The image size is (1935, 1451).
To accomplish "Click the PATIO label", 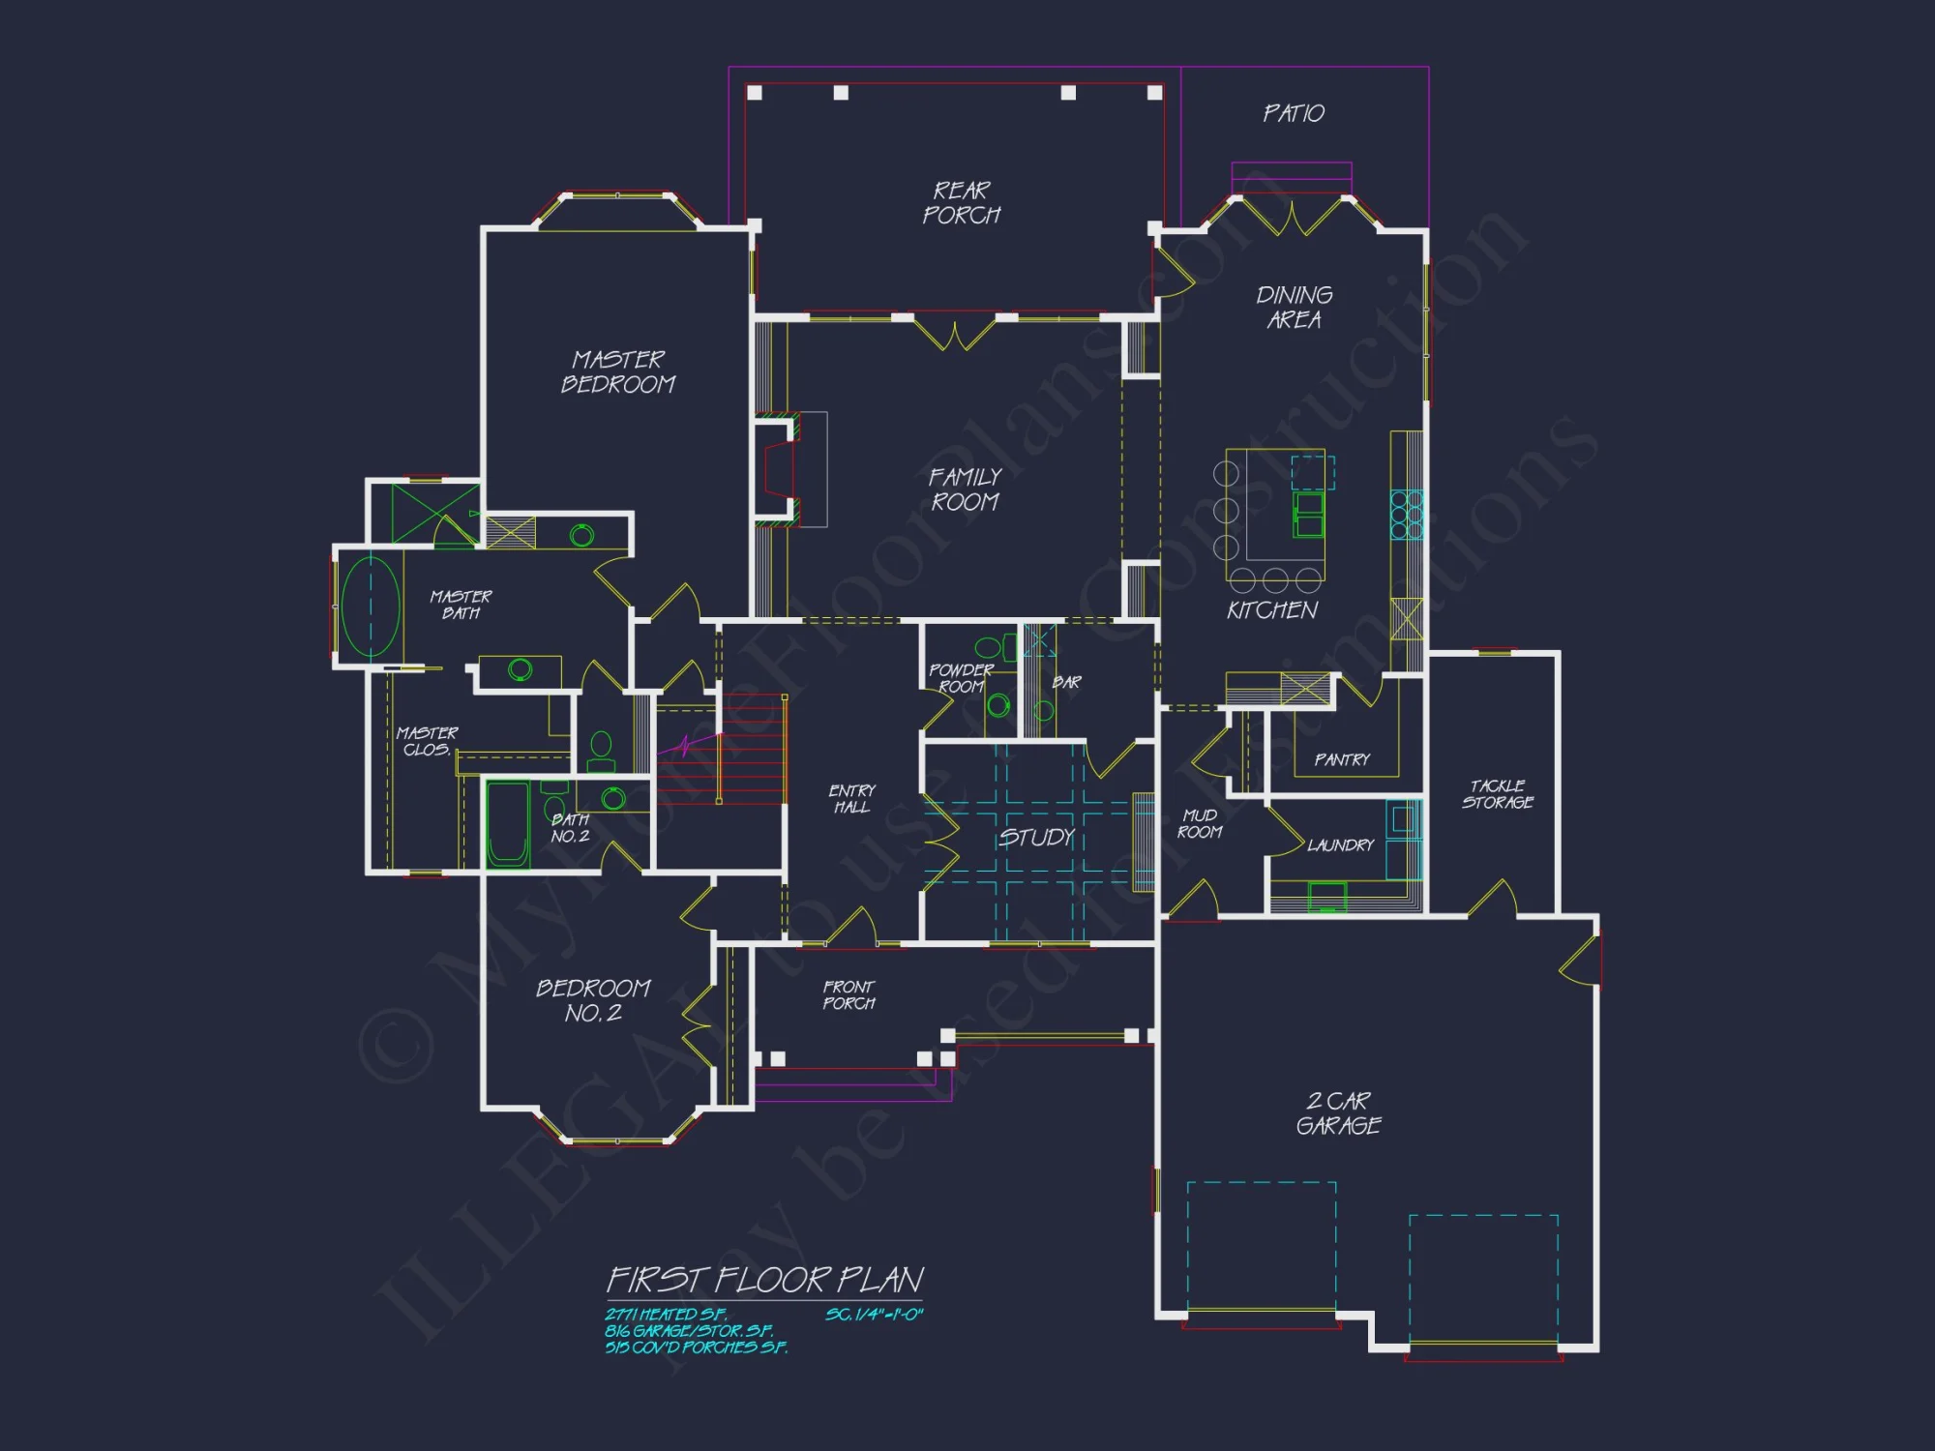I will coord(1294,113).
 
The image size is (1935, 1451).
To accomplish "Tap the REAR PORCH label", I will coord(961,203).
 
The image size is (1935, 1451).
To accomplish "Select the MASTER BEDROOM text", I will coord(618,372).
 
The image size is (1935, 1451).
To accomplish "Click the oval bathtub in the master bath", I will coord(371,607).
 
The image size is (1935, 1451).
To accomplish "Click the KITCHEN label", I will coord(1272,610).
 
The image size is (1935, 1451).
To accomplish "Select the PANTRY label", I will coord(1342,760).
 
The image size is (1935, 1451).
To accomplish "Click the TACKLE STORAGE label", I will coord(1498,794).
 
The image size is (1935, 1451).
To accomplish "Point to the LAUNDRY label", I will coord(1340,845).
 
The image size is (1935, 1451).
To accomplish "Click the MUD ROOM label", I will coord(1200,824).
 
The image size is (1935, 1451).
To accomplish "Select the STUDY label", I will coord(1036,838).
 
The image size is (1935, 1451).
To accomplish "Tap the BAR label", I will coord(1066,683).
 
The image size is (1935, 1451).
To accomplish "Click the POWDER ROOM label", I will coord(961,678).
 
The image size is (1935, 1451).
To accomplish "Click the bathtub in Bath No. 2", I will coord(507,824).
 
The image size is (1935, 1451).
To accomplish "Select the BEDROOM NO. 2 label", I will coord(593,1000).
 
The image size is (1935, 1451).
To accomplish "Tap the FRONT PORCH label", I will coord(848,995).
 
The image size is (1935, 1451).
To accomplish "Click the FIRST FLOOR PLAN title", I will coord(764,1281).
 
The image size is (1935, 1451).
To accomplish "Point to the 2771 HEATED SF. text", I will coord(666,1315).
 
